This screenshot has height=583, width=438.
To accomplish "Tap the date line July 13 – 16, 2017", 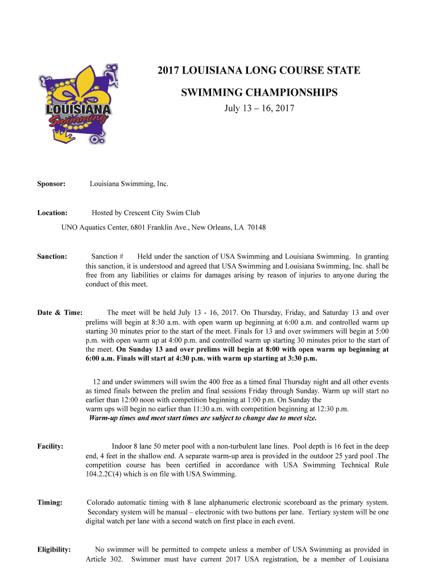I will [x=259, y=108].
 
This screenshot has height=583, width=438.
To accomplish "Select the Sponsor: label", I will [x=51, y=184].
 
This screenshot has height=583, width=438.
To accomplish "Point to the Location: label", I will [x=52, y=213].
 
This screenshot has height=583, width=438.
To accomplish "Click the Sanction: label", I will [x=52, y=257].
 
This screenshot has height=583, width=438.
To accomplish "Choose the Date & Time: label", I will [x=60, y=313].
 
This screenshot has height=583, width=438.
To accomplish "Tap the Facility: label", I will [x=50, y=446].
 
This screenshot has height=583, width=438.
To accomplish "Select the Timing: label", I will [x=49, y=502].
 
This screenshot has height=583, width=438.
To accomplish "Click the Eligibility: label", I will [x=54, y=549].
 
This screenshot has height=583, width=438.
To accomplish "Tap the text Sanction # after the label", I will [x=108, y=257].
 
